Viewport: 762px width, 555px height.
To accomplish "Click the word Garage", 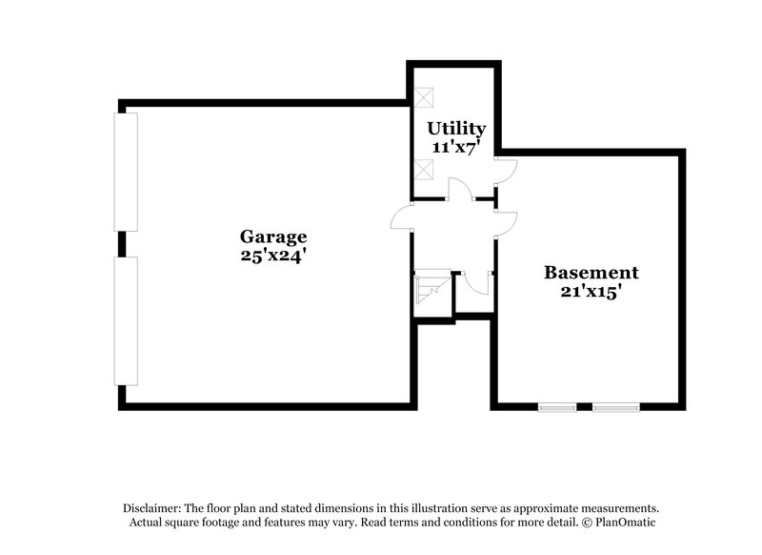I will (272, 236).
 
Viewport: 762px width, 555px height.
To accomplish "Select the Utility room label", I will (456, 128).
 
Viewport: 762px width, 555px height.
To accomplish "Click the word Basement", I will (591, 273).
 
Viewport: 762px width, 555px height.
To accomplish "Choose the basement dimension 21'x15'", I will (591, 292).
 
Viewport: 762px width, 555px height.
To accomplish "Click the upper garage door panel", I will (126, 172).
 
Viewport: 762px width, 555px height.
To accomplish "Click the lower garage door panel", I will (126, 320).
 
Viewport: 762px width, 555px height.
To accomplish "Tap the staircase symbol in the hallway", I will (431, 287).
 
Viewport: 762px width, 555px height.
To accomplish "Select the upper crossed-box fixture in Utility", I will (425, 96).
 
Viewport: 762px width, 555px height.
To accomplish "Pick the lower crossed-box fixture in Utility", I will (425, 170).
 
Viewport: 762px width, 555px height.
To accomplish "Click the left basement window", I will (557, 407).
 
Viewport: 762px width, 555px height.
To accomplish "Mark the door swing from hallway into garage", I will (401, 219).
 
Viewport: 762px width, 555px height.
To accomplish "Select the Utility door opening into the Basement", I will (506, 171).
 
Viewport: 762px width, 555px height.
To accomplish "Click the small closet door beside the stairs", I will (477, 282).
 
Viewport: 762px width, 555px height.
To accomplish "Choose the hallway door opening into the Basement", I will (506, 222).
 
